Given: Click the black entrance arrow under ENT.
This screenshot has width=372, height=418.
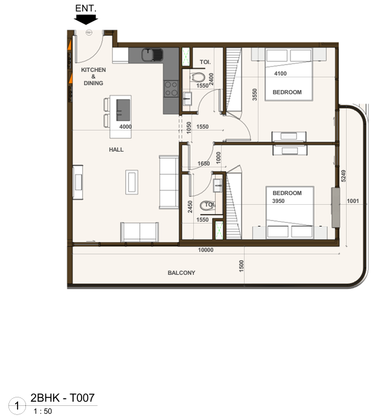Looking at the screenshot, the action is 86,19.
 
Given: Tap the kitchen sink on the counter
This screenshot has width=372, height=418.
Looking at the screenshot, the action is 152,55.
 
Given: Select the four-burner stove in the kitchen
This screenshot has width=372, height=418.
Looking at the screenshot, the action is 171,89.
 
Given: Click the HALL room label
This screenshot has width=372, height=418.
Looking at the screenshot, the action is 116,150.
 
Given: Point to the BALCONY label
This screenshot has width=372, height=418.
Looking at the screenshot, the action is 181,272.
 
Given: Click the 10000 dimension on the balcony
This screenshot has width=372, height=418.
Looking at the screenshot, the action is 205,250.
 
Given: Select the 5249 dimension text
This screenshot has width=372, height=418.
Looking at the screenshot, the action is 343,176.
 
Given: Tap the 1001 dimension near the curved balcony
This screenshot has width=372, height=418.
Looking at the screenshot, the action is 353,201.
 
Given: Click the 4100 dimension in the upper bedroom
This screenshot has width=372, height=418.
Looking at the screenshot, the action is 280,74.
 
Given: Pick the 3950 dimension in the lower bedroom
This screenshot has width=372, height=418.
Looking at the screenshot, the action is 278,201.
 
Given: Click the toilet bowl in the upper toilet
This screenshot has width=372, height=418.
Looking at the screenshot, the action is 197,77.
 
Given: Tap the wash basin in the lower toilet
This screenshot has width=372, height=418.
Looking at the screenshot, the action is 218,185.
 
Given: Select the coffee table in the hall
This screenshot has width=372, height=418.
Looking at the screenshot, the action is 132,182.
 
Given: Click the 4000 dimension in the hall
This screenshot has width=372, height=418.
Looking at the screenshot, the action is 125,127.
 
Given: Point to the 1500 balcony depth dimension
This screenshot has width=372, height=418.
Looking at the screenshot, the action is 242,266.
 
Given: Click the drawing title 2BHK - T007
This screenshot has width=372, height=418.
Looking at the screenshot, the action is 63,397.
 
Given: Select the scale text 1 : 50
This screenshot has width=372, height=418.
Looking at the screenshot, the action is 43,411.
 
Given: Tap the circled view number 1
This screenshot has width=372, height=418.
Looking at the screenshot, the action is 17,406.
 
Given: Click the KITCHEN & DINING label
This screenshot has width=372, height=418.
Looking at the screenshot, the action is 93,77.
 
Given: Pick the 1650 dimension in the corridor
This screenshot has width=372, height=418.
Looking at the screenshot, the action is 204,164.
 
